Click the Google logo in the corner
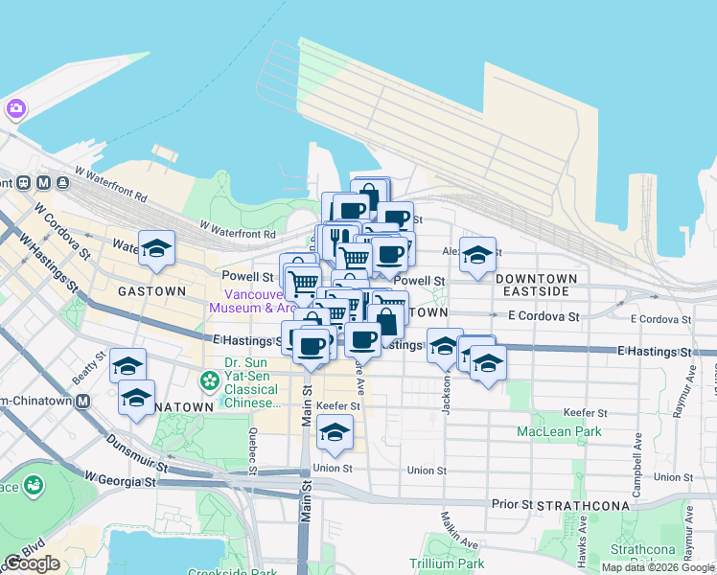coord(32,563)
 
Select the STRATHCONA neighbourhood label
coord(583,505)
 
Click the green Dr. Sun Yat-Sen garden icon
coord(210,381)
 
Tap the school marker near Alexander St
coord(477,255)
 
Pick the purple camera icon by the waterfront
coord(15,107)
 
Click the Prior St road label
coord(513,503)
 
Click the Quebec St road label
coord(251,450)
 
